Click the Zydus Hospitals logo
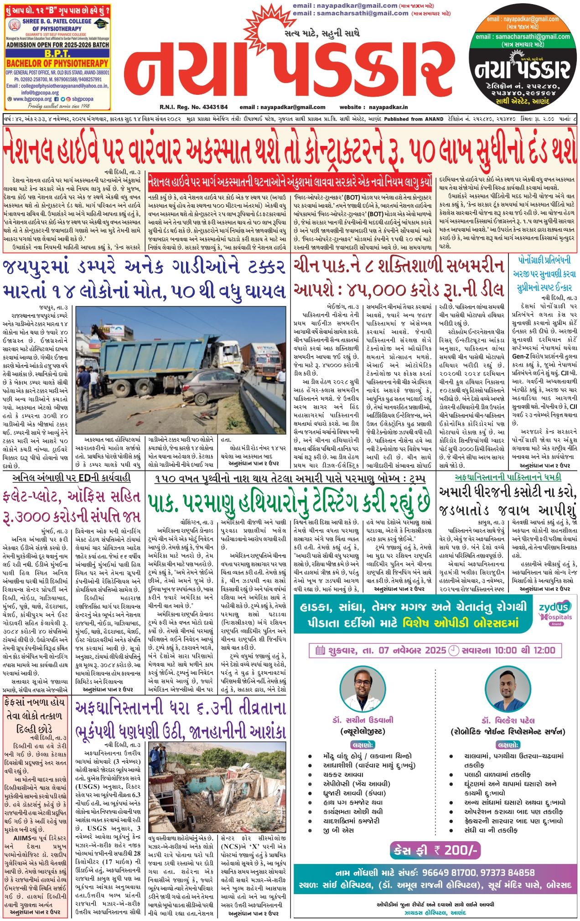pos(555,612)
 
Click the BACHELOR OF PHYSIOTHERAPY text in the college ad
pos(57,63)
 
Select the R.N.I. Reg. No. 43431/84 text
pos(194,107)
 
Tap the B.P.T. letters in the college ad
pos(57,54)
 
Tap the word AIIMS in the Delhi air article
pos(22,838)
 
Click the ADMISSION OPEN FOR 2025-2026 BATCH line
pos(57,45)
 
